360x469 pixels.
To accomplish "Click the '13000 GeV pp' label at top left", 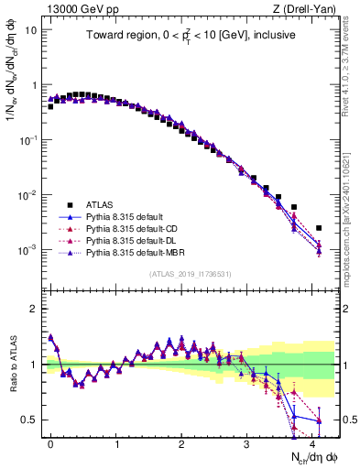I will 72,9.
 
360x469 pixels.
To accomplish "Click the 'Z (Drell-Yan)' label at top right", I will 307,9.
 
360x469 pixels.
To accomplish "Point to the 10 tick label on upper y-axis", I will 30,29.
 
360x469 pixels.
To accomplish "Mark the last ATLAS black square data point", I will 319,228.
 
